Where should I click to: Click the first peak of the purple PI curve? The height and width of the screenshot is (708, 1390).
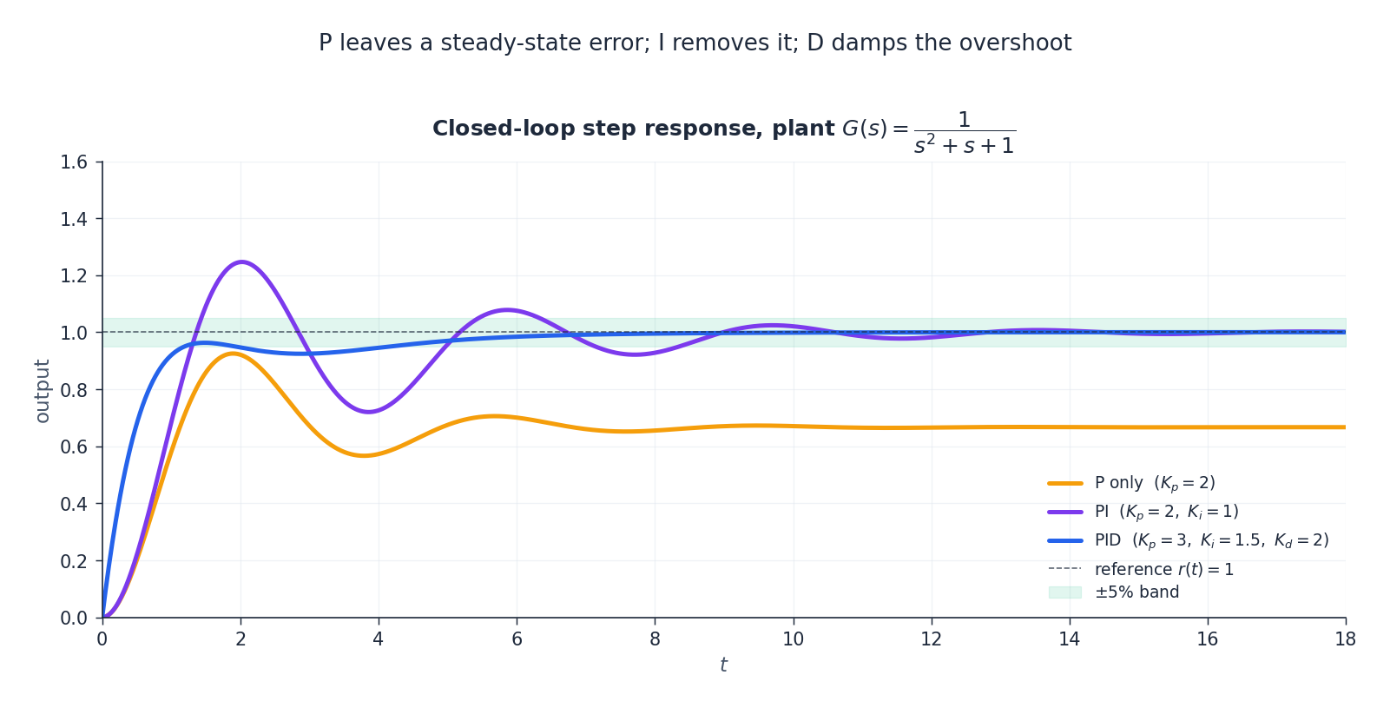coord(240,261)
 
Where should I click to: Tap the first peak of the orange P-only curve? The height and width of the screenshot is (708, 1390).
coord(232,353)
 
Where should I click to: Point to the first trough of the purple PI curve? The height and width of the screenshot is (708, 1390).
coord(368,412)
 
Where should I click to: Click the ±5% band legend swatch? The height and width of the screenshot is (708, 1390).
coord(1065,592)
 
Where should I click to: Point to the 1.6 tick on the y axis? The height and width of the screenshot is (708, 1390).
coord(74,162)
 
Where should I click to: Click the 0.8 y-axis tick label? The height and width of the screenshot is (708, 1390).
coord(74,390)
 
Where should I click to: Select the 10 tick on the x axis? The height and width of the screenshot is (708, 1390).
coord(793,639)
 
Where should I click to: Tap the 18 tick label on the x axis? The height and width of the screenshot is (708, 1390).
coord(1345,639)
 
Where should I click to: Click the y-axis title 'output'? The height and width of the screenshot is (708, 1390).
coord(42,390)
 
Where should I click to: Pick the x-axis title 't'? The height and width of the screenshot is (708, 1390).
coord(723,665)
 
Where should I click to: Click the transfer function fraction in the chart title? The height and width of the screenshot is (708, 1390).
coord(964,133)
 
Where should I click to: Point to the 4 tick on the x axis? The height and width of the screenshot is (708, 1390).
coord(379,639)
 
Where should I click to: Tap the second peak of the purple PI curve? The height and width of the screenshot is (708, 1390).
coord(507,310)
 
